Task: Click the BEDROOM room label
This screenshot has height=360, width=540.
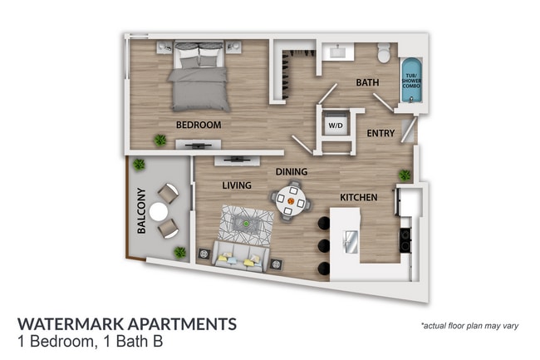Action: pos(199,125)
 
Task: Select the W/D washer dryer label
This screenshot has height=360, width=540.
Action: pos(336,126)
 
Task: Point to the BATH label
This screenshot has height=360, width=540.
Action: pos(367,83)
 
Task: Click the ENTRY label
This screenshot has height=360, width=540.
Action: pos(380,133)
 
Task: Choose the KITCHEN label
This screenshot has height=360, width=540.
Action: pos(359,197)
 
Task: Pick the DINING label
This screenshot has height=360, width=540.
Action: pos(292,172)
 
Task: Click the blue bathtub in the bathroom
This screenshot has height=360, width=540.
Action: pos(411,81)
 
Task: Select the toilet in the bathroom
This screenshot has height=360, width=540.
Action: pos(385,54)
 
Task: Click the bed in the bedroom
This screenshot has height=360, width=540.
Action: pos(200,79)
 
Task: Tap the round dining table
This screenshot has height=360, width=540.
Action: pos(291,200)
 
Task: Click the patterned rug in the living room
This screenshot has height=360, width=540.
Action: pos(246,223)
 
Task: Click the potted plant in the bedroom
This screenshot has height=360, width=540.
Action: pos(159,140)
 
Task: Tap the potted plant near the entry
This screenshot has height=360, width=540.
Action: pos(405,175)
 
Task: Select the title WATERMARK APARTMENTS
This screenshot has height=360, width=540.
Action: pos(127,323)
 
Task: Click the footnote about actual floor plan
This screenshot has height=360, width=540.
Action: pos(469,325)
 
